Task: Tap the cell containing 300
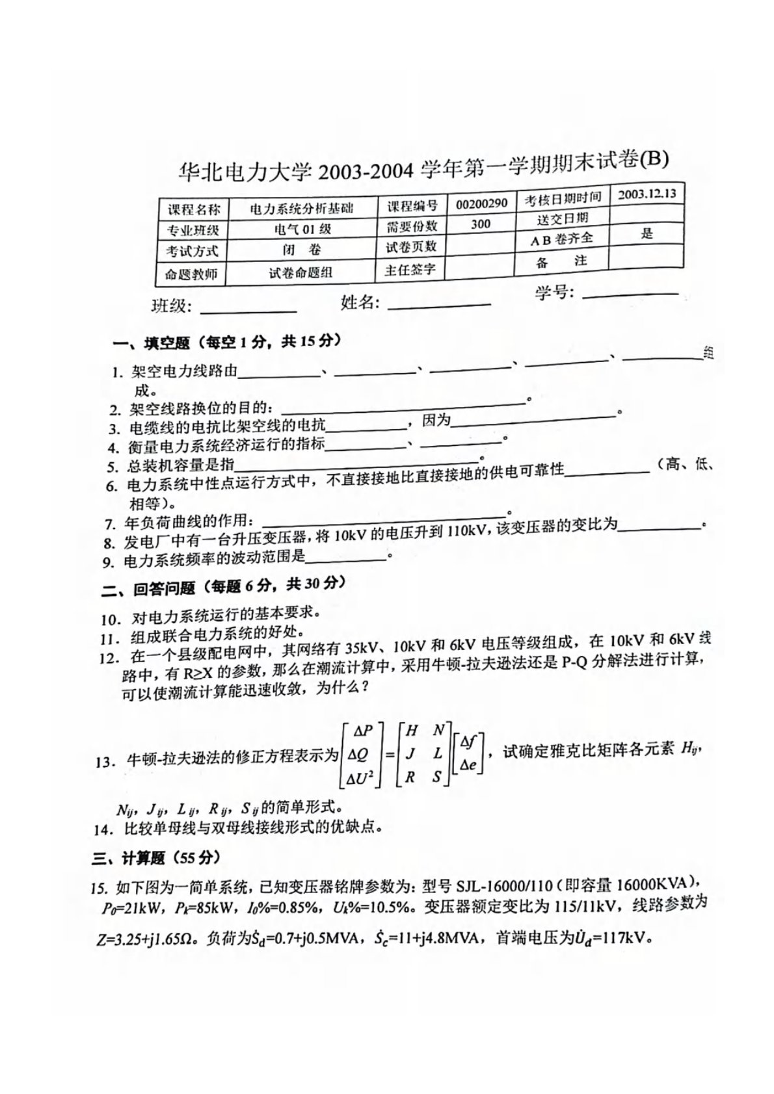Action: [480, 224]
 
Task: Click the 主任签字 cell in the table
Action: [410, 268]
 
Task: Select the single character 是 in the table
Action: [646, 234]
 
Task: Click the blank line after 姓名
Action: [439, 304]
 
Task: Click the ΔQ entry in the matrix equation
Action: [360, 754]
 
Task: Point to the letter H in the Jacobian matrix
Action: [411, 730]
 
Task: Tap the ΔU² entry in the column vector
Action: [360, 776]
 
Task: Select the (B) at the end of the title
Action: [653, 159]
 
